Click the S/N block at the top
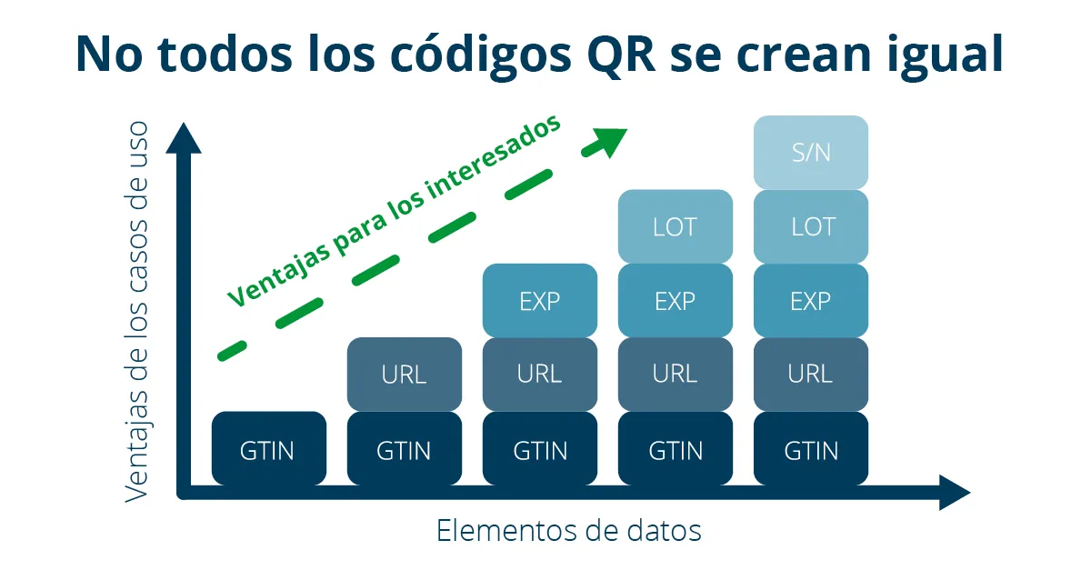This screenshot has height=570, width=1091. (x=811, y=153)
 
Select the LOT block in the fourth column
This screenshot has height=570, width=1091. (x=676, y=226)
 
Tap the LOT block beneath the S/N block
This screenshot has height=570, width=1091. (x=811, y=226)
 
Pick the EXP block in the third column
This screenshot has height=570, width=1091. (x=540, y=301)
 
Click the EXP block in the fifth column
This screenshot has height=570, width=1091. (x=811, y=301)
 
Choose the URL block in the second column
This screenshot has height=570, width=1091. (x=405, y=375)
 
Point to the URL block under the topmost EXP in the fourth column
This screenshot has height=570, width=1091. (x=676, y=375)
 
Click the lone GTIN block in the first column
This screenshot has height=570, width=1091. (x=269, y=448)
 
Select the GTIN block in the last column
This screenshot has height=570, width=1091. (x=811, y=448)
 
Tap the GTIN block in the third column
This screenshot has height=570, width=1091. (x=540, y=448)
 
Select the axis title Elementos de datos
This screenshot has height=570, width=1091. (x=568, y=531)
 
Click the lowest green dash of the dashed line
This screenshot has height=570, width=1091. (x=233, y=350)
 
